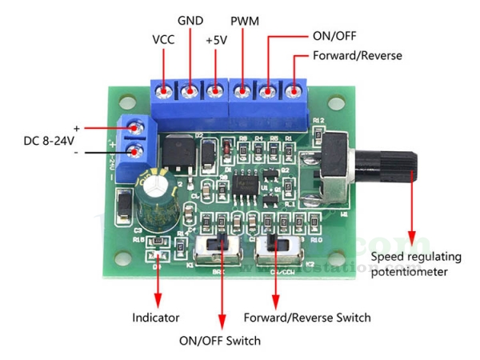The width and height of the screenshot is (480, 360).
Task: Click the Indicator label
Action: [x=156, y=318]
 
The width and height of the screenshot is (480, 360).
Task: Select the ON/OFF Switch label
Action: [x=220, y=341]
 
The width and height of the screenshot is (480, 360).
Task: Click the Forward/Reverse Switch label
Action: [x=307, y=318]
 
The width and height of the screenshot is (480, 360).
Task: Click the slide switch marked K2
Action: [x=276, y=248]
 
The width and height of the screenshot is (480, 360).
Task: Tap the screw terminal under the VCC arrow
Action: [x=164, y=91]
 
